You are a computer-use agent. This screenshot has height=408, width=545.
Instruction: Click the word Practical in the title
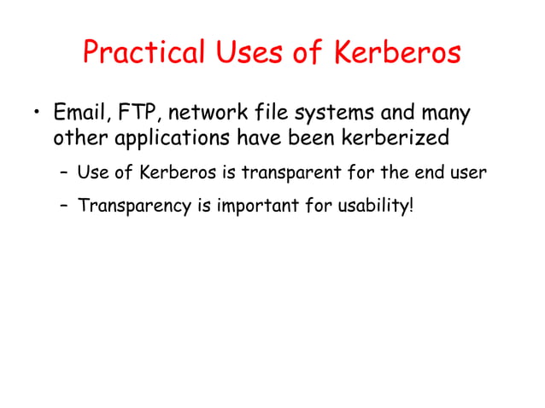[x=144, y=53]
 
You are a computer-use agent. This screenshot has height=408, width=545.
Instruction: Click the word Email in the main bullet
[x=78, y=114]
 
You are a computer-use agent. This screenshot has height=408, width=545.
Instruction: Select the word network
[x=205, y=114]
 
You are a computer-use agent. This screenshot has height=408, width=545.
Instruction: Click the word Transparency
[x=132, y=206]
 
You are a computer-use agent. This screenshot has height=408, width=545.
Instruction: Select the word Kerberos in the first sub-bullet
[x=175, y=173]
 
